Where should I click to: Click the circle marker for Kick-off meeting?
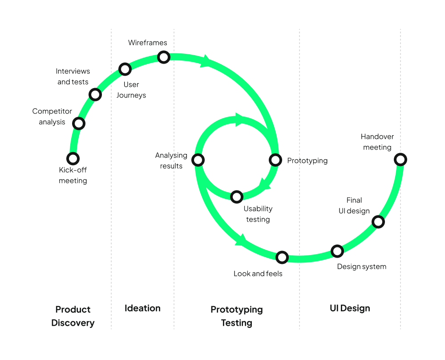pos(73,158)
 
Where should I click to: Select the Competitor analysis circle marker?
pos(79,123)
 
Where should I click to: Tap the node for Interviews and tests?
pos(95,94)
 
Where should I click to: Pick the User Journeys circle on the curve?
pos(125,69)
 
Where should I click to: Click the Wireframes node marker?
pos(164,57)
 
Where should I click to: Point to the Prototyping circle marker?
pos(275,160)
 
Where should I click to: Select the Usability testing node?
pos(237,196)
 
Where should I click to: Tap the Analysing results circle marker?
pos(198,160)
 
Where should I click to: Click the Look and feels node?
pos(282,257)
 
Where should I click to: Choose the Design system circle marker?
pos(337,251)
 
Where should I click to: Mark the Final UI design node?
pos(378,221)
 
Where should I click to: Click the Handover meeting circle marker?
pos(400,159)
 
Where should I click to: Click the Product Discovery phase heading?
pos(73,316)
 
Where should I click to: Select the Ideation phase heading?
pos(142,308)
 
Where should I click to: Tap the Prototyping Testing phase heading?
pos(237,316)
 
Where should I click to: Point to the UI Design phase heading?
pos(350,308)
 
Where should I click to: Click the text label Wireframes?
pos(148,43)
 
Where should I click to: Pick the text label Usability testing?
pos(258,214)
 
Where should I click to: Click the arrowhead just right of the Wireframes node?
pos(206,61)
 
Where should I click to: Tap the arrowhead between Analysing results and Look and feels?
pos(241,240)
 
